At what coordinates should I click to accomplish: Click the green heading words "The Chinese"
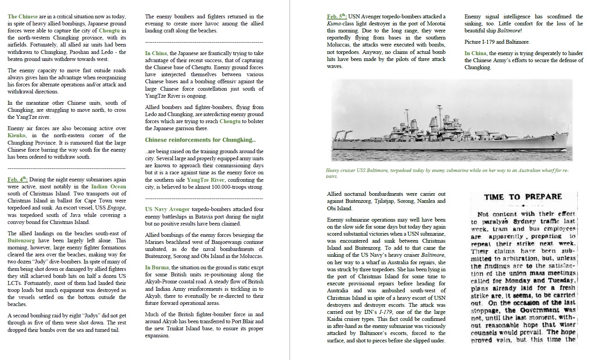point(23,16)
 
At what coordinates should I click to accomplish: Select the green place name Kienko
point(16,135)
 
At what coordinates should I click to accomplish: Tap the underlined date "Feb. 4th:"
point(18,179)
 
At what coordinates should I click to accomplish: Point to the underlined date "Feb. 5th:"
point(337,16)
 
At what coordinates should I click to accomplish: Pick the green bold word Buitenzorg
point(21,240)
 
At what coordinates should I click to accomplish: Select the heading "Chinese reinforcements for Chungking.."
point(200,140)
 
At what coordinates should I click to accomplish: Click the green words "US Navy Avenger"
point(167,209)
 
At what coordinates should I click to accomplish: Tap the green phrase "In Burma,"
point(157,267)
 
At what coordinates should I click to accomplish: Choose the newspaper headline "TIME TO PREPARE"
point(523,197)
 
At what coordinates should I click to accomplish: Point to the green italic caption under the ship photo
point(447,173)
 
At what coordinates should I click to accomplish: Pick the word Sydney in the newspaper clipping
point(524,221)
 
